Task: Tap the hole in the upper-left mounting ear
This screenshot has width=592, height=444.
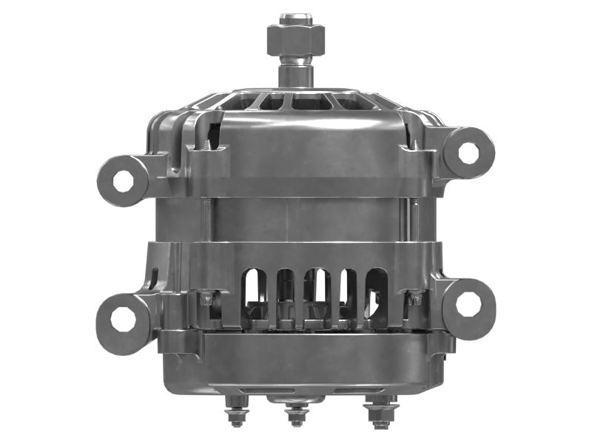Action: tap(121, 180)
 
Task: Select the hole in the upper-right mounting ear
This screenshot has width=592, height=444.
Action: tap(468, 152)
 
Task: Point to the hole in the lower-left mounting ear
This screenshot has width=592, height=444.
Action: tap(121, 319)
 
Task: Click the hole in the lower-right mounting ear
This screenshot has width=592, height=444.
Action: tap(468, 303)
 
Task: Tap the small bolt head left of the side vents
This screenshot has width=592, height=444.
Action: tap(205, 300)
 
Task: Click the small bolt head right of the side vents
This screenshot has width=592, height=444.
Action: tap(415, 299)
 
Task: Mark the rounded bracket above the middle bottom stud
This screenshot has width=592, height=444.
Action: tap(297, 397)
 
